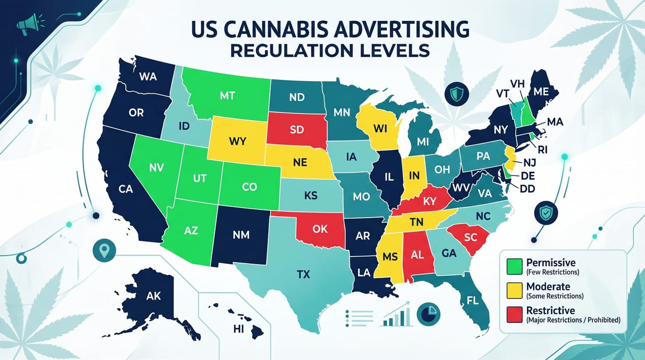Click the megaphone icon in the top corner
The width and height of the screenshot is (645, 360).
tap(25, 24)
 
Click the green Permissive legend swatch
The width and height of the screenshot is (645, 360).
tap(514, 266)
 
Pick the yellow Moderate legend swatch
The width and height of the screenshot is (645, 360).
tap(514, 290)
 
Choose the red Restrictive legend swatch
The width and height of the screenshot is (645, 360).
tap(514, 314)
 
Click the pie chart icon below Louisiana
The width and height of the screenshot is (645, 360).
tap(425, 314)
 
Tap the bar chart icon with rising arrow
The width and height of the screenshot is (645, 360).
tap(397, 315)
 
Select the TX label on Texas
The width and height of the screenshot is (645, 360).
tap(303, 274)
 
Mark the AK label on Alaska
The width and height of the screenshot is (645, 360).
tap(153, 295)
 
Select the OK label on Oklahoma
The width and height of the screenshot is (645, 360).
tap(320, 229)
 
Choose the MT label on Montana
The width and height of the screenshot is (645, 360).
tap(227, 95)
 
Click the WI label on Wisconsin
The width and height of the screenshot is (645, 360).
tap(380, 128)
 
